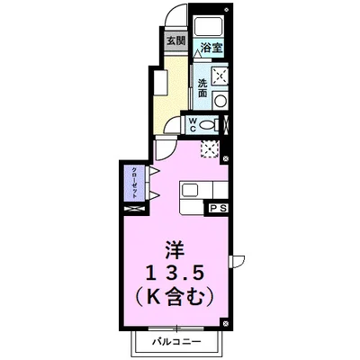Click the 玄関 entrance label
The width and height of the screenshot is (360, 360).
[175, 40]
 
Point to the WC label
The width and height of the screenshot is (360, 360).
[192, 124]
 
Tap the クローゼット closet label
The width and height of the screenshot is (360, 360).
[134, 184]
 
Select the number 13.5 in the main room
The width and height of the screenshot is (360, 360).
[176, 271]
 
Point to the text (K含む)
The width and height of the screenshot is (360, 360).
[176, 294]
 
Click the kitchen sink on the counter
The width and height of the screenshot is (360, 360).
[191, 190]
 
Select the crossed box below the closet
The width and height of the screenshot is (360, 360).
[134, 209]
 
